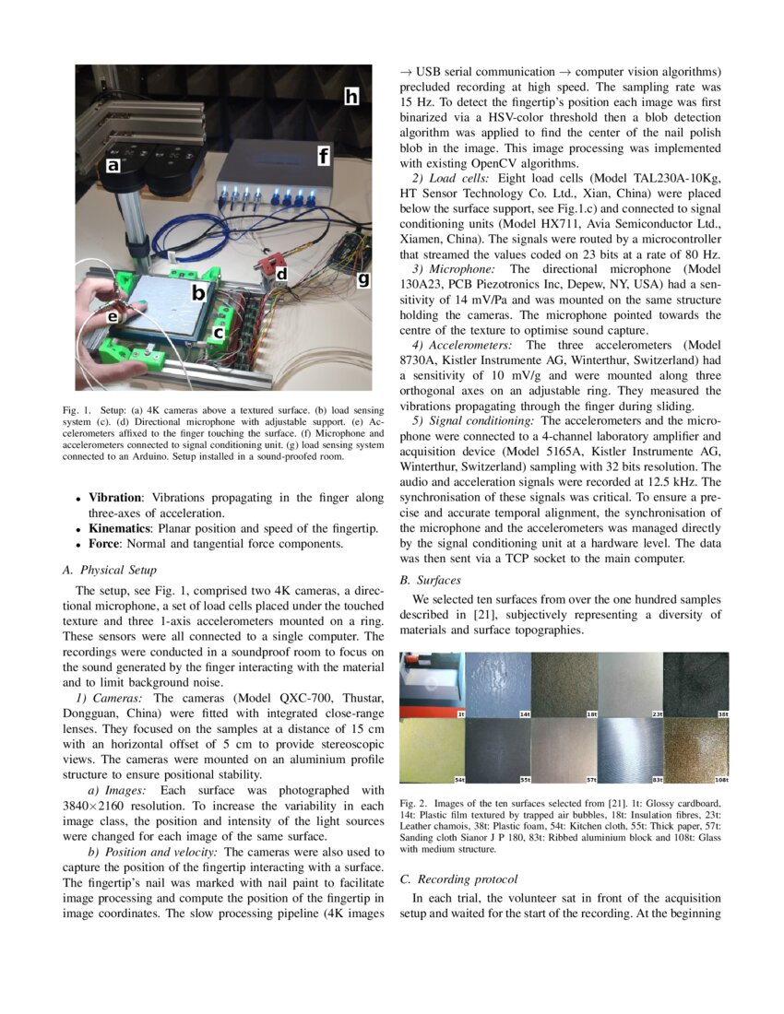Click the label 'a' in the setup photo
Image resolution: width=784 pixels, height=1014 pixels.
click(x=113, y=166)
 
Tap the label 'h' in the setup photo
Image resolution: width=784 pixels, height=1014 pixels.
click(x=351, y=96)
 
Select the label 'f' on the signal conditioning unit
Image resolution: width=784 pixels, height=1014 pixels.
click(x=323, y=157)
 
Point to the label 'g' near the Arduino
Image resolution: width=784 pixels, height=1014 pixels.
click(x=362, y=278)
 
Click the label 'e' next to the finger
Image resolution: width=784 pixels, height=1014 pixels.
click(x=113, y=316)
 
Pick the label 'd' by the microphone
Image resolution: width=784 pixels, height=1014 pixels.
click(x=281, y=273)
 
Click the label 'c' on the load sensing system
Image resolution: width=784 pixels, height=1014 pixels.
click(x=219, y=331)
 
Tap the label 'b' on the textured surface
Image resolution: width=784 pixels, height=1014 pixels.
click(x=197, y=293)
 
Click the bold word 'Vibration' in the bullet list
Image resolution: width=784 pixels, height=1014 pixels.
click(x=115, y=497)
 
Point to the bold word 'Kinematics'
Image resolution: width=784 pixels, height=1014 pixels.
click(x=121, y=528)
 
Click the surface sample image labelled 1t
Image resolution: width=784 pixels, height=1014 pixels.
click(x=432, y=685)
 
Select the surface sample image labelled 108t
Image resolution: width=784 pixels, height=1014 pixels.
click(x=695, y=751)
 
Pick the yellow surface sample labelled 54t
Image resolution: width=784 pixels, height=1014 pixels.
click(x=432, y=751)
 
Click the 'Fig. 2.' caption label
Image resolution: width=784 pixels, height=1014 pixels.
click(x=413, y=804)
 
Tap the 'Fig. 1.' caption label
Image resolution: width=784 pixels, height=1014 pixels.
click(x=89, y=407)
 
